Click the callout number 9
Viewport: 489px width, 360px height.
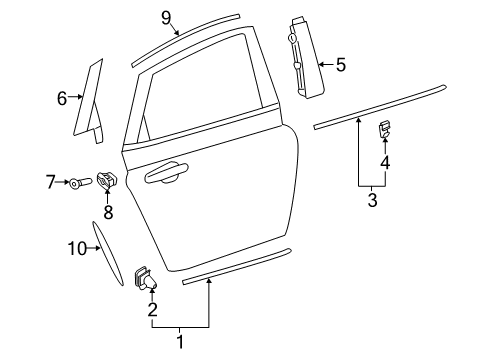pyautogui.click(x=167, y=16)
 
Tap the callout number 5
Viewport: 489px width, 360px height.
pyautogui.click(x=340, y=65)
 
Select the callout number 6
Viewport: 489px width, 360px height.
pyautogui.click(x=62, y=98)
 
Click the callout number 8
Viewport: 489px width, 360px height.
pyautogui.click(x=109, y=212)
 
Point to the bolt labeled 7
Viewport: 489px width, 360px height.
pyautogui.click(x=81, y=182)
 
